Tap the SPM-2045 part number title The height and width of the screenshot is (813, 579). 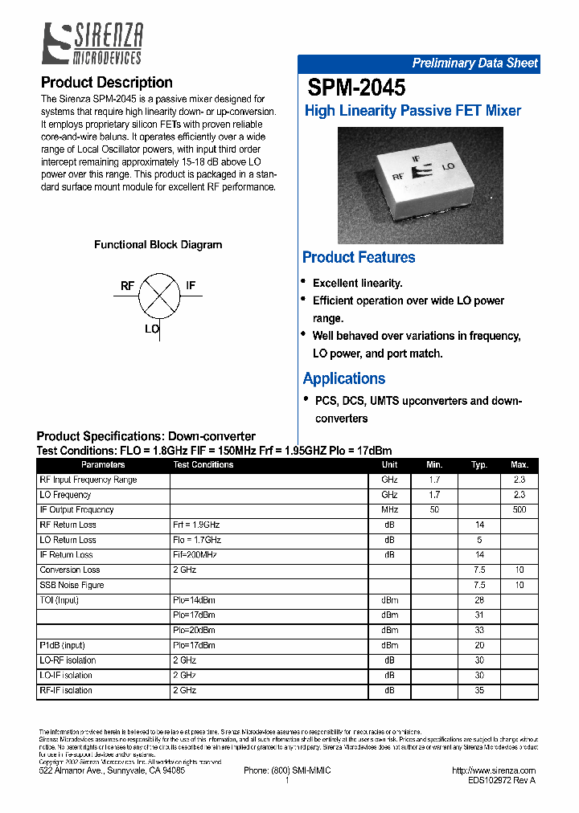356,88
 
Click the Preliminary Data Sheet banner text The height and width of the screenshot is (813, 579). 474,63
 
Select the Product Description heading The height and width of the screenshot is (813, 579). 106,83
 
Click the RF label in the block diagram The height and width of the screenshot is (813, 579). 127,286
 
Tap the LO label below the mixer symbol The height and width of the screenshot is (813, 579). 151,329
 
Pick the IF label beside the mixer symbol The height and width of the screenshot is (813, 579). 191,286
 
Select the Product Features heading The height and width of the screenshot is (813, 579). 359,258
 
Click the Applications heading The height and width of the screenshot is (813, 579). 343,378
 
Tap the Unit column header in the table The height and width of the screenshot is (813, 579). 389,465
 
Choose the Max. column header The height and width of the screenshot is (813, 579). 519,465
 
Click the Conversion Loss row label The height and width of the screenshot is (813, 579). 70,570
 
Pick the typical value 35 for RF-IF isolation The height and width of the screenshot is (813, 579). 479,691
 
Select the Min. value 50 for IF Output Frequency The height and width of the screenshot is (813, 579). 434,510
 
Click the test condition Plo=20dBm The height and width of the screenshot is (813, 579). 194,631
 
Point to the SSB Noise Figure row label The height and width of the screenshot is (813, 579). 72,586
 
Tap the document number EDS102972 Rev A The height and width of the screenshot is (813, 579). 501,780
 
